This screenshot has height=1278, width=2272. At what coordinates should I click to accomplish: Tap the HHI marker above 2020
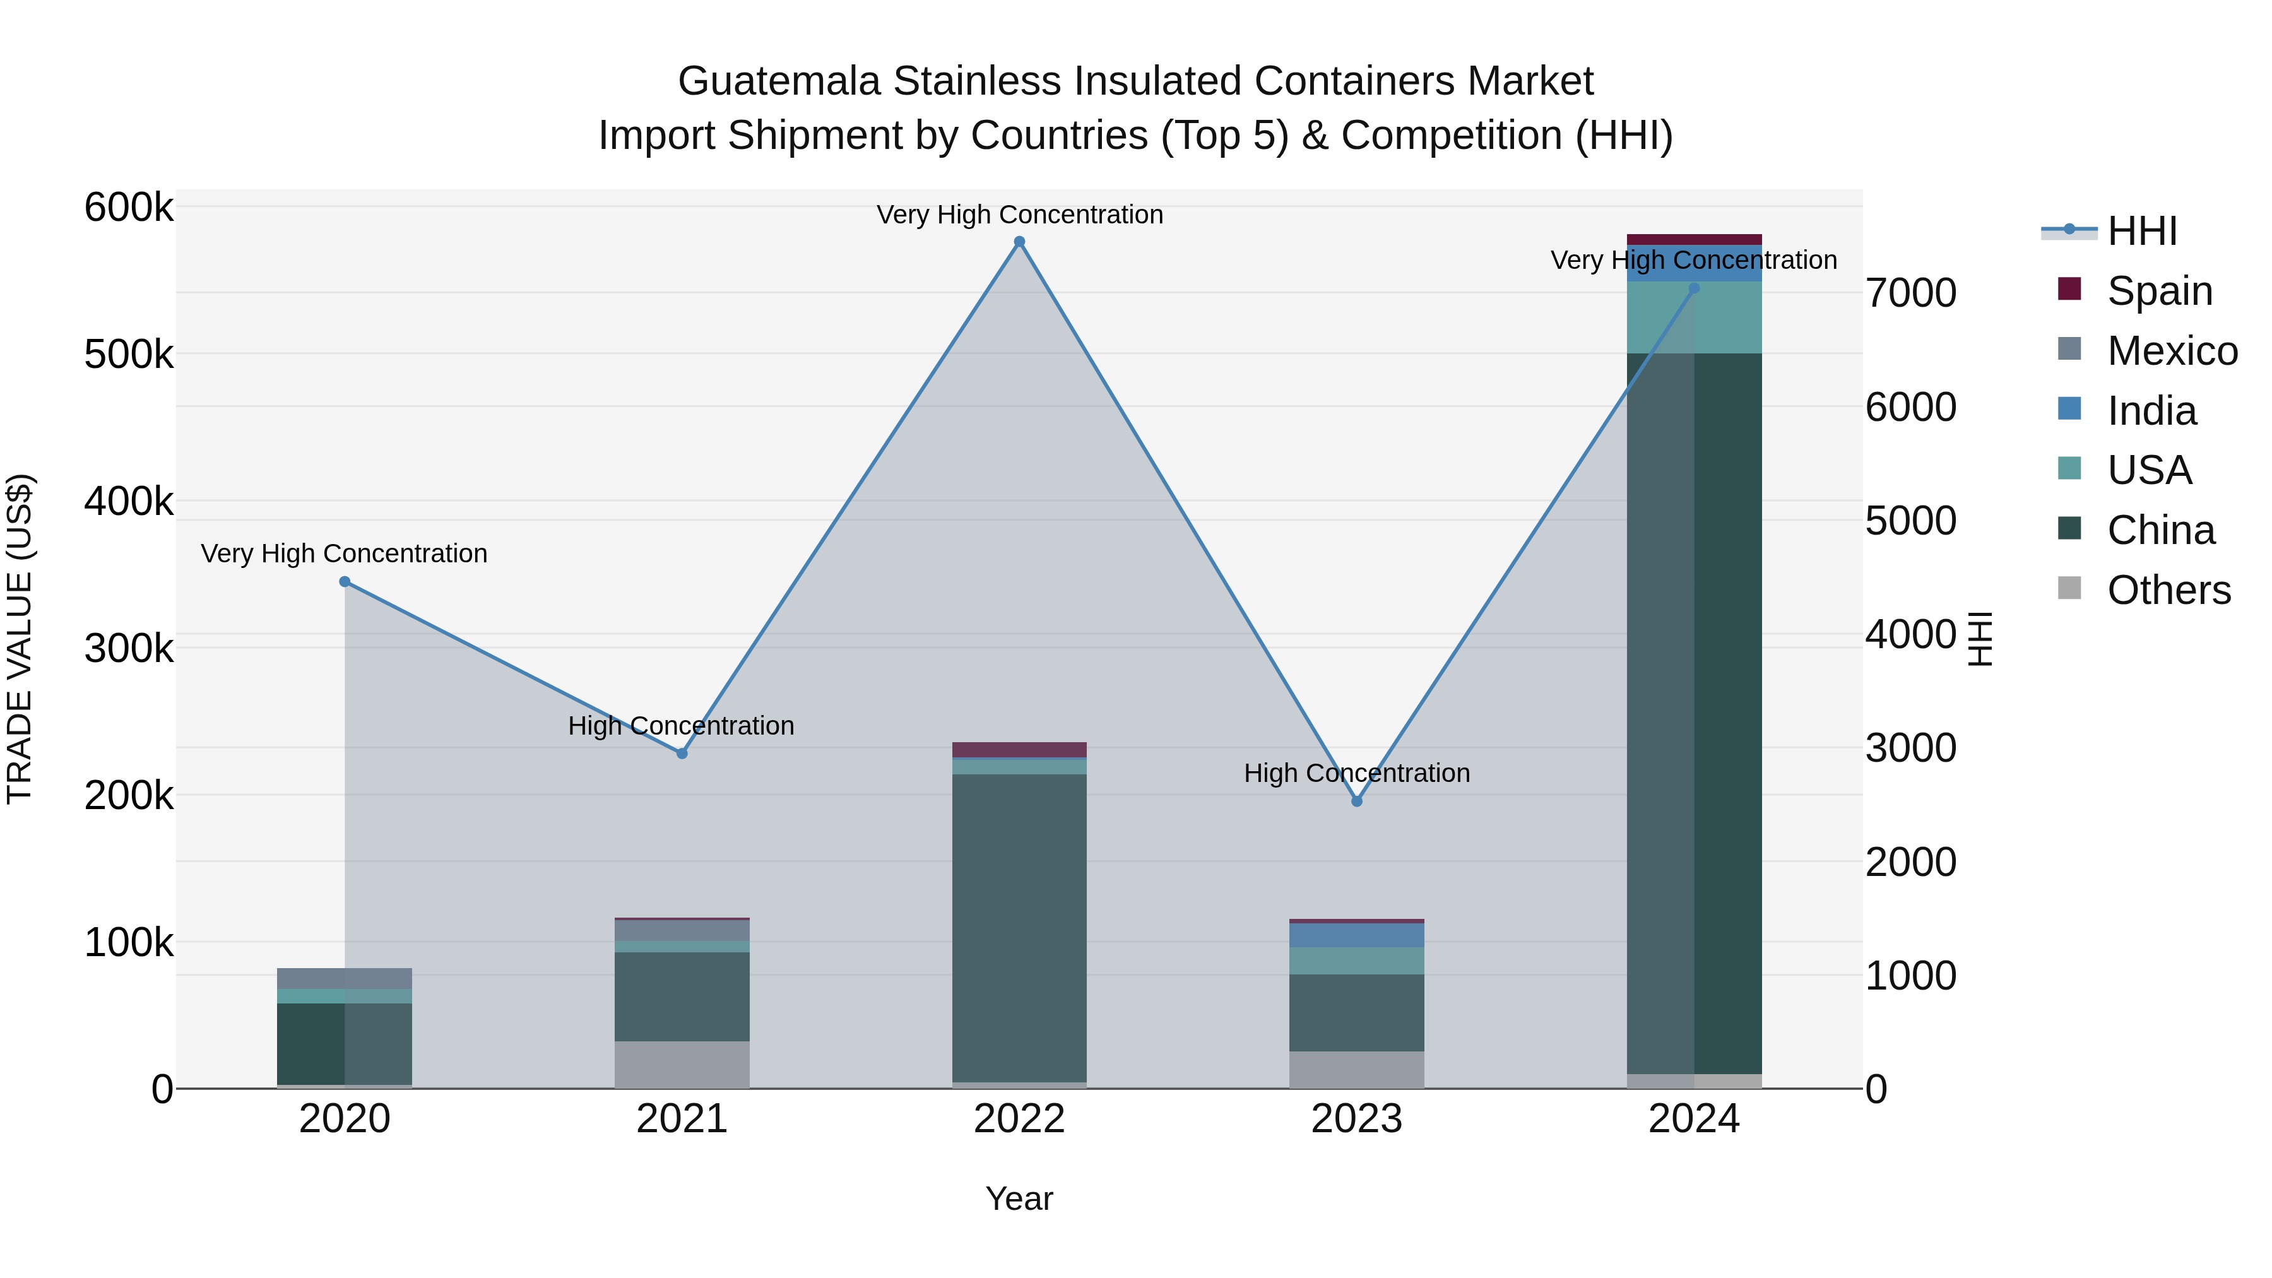click(345, 581)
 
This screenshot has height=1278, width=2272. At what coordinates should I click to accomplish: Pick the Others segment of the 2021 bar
click(682, 1065)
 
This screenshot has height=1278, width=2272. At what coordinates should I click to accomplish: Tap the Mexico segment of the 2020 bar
click(345, 978)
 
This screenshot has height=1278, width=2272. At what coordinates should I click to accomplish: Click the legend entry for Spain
click(2159, 290)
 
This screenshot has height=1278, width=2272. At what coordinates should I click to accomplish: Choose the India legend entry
click(2151, 411)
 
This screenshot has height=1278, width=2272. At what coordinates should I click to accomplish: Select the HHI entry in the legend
click(2141, 231)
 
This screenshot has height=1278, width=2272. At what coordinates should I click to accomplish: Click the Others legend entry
click(2168, 590)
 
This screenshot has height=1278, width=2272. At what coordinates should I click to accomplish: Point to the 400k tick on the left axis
click(129, 502)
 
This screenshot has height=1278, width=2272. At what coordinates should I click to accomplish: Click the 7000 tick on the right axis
click(1910, 293)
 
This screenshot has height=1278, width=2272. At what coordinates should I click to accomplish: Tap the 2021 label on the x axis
click(682, 1118)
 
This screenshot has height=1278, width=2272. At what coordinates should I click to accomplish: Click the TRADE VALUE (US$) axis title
click(20, 639)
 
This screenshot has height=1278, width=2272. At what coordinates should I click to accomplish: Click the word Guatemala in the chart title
click(779, 81)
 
